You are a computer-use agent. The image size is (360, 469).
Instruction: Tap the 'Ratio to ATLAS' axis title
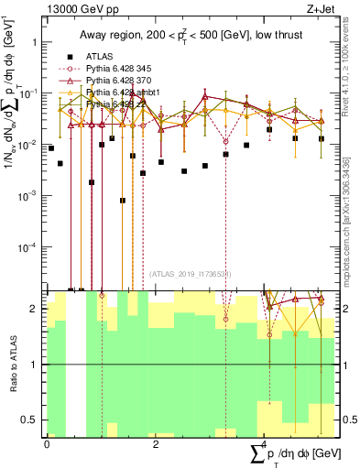pyautogui.click(x=12, y=364)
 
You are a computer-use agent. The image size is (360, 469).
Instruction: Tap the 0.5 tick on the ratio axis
pyautogui.click(x=33, y=420)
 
